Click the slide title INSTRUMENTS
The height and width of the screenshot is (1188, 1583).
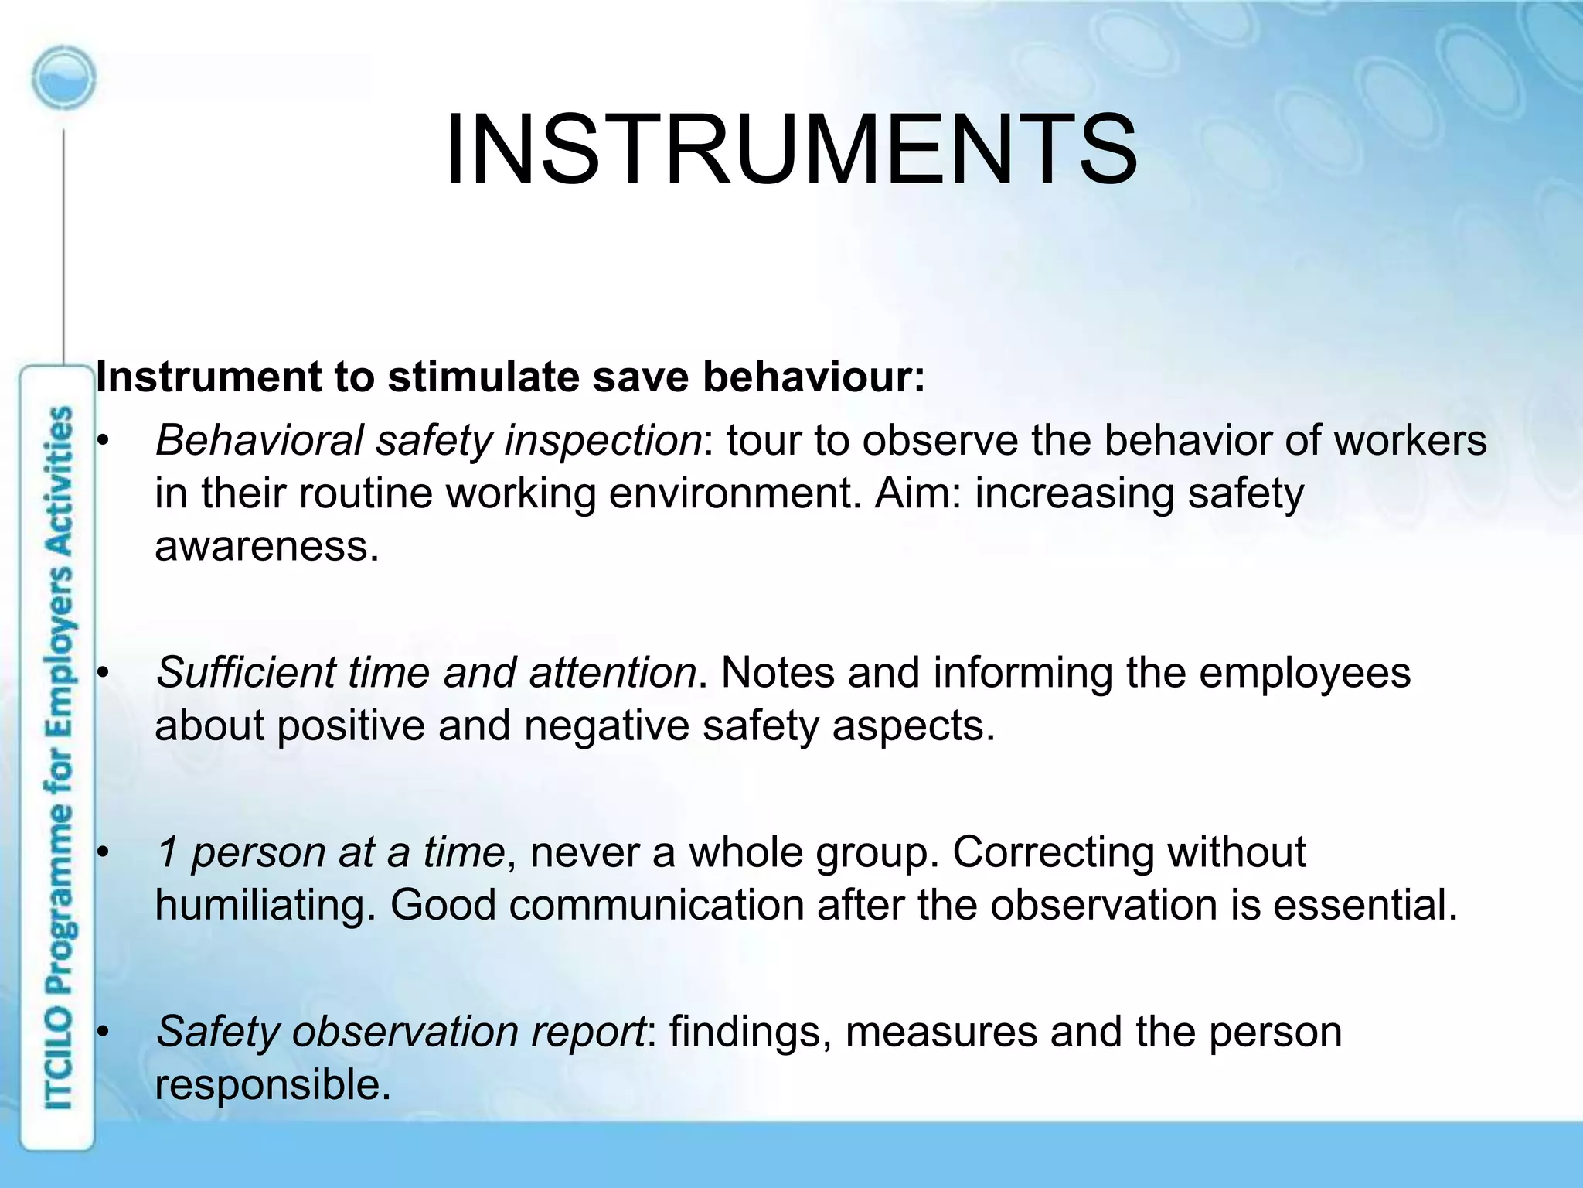[x=791, y=149]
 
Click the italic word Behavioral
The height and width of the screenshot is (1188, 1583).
[x=259, y=441]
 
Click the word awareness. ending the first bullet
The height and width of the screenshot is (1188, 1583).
[x=267, y=546]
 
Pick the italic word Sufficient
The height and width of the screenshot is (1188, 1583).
[x=246, y=672]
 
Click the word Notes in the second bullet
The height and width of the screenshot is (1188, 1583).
[x=778, y=672]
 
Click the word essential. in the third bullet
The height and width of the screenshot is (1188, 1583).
[x=1365, y=905]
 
